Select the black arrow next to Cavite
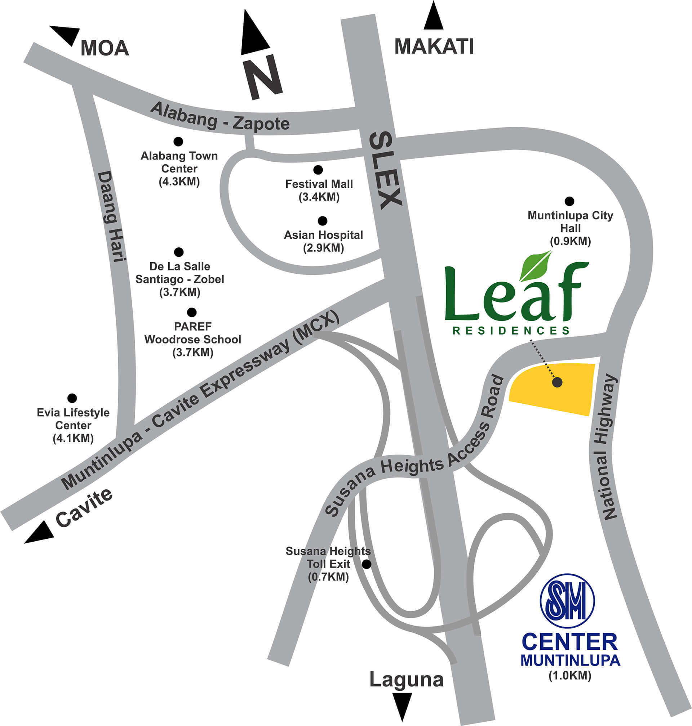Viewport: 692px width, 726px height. coord(40,534)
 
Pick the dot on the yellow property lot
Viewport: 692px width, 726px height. coord(557,382)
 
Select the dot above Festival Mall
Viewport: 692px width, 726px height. coord(318,170)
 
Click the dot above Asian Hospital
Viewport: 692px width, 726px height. coord(322,221)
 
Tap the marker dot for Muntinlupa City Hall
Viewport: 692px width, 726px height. coord(569,201)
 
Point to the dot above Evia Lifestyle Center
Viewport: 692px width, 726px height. coord(72,398)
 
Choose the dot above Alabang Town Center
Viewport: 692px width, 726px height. coord(178,142)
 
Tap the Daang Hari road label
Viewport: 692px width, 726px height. coord(110,216)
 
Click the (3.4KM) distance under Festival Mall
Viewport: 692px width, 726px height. coord(319,197)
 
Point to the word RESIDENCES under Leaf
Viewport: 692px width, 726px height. coord(511,330)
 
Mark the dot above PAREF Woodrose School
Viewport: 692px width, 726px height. coord(192,313)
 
